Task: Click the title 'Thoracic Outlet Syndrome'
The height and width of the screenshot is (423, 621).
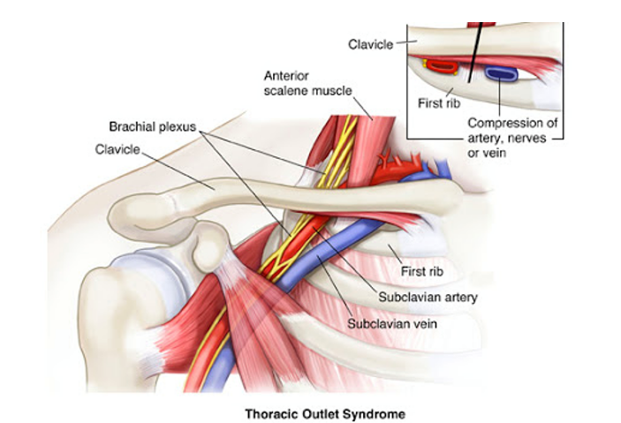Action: coord(310,412)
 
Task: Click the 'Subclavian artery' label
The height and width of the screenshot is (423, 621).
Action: coord(428,297)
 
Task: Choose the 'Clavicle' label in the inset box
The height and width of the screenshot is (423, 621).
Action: coord(370,42)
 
